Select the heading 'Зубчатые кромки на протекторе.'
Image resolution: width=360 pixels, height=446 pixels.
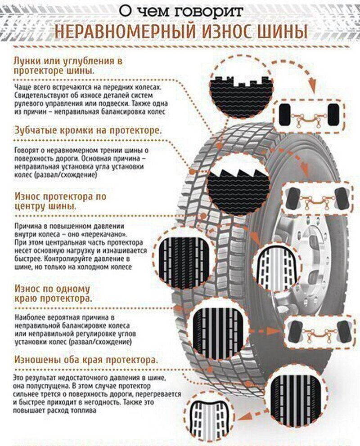88,130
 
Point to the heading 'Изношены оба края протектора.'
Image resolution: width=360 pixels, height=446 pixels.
86,360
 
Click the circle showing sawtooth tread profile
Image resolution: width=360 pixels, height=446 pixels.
238,185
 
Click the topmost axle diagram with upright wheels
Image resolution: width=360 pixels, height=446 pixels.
309,115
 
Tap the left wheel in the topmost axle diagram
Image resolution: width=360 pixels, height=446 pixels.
284,115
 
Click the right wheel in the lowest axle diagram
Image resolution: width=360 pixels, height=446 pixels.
344,332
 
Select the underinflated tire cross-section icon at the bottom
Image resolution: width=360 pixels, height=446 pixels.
210,421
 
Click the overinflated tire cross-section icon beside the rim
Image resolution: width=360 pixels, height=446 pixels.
277,268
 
